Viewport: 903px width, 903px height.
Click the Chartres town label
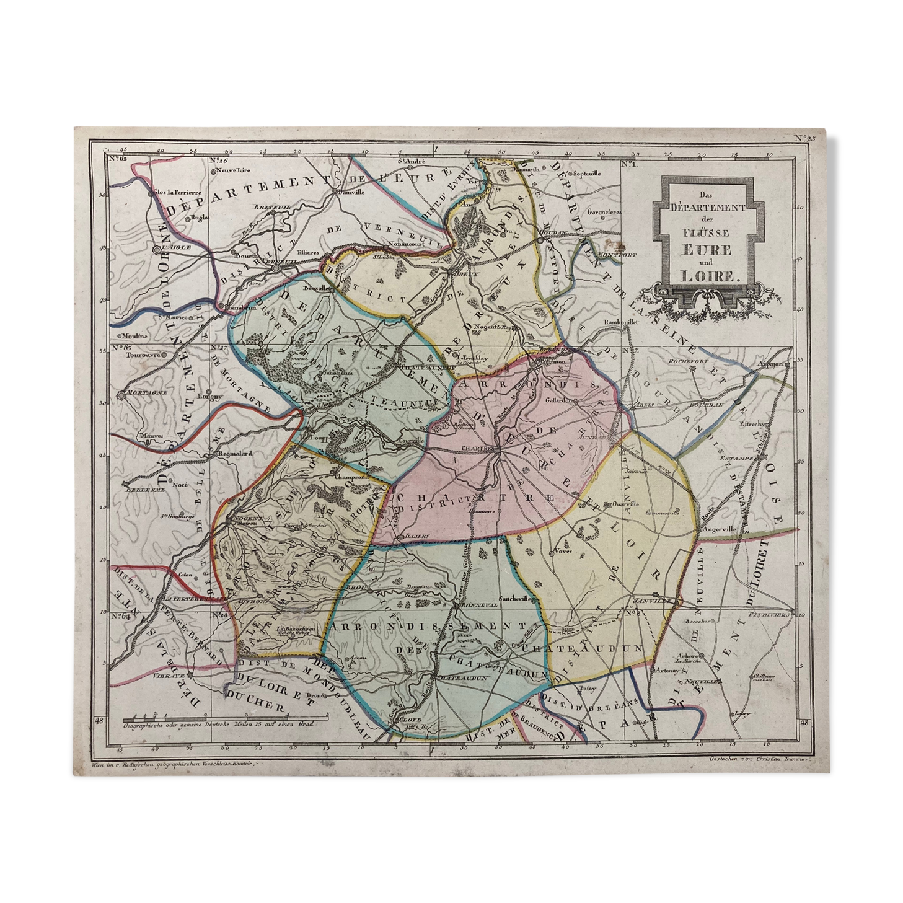coord(476,447)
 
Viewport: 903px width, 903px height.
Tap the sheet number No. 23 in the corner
coord(804,138)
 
